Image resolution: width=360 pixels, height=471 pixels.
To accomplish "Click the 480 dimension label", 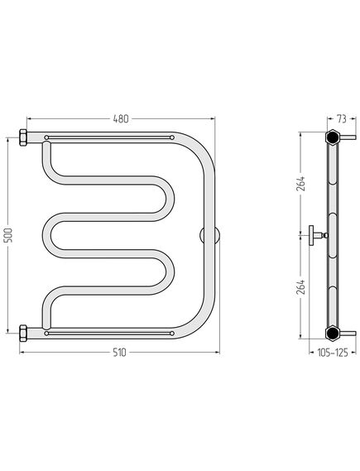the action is pyautogui.click(x=121, y=119).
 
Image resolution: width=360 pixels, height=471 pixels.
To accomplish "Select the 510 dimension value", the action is pyautogui.click(x=120, y=353).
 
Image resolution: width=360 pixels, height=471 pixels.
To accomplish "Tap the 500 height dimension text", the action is pyautogui.click(x=10, y=235).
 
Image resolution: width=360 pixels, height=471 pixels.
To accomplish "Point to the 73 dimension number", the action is pyautogui.click(x=341, y=119).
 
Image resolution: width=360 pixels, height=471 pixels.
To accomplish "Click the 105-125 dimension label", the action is pyautogui.click(x=333, y=353).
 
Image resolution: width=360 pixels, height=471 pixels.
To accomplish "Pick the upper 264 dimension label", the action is pyautogui.click(x=301, y=184).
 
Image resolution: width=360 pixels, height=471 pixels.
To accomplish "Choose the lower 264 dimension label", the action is pyautogui.click(x=301, y=287).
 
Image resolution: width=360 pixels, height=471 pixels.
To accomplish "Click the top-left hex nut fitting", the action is pyautogui.click(x=23, y=137).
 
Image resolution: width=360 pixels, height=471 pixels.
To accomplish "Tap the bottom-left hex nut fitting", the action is pyautogui.click(x=23, y=333).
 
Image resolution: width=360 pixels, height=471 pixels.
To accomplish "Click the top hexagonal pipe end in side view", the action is pyautogui.click(x=333, y=137).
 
